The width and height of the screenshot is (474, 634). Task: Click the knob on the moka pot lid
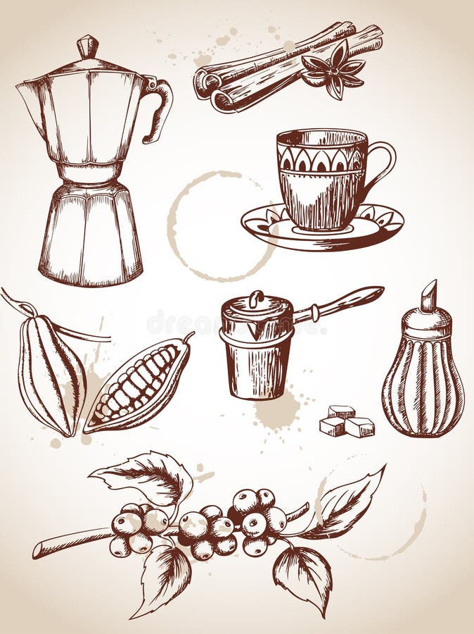pos(88,46)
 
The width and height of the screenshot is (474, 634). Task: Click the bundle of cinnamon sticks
pos(274,67)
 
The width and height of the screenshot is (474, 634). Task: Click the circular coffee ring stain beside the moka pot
pos(211,225)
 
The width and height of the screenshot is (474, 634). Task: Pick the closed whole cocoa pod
pos(49,373)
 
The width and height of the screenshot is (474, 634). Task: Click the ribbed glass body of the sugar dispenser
pos(422,391)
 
